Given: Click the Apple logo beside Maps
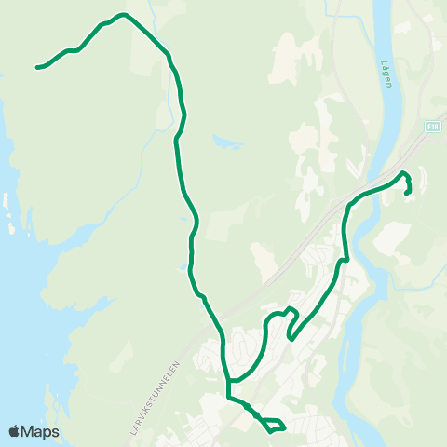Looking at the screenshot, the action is tap(14, 432).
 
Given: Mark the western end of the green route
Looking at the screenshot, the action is tap(37, 67).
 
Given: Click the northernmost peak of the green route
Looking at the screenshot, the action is tap(122, 15).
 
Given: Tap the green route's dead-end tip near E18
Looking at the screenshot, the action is tap(407, 192).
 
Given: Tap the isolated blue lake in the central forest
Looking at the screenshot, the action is tap(226, 143).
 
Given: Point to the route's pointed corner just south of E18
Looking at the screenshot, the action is tap(403, 173).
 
